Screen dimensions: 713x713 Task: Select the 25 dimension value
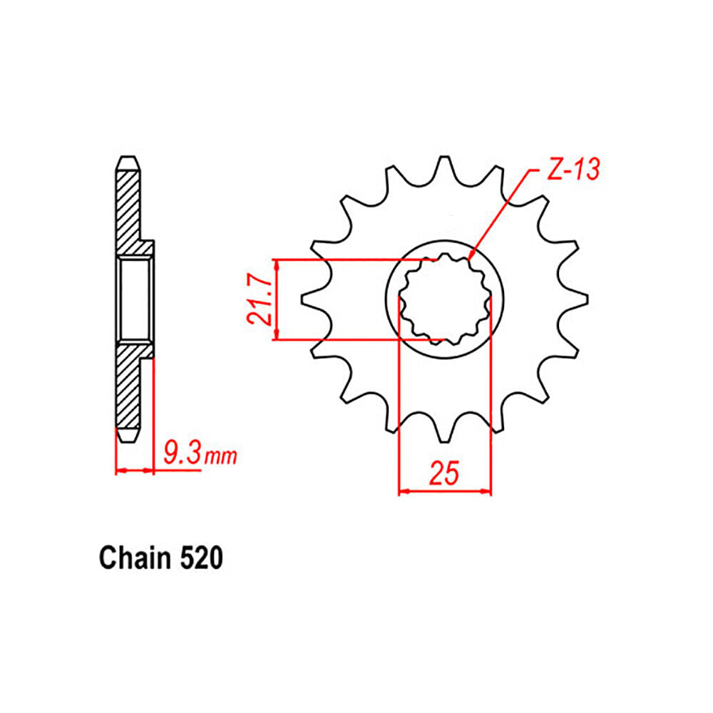click(x=445, y=473)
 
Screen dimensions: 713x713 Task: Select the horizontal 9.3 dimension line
click(x=135, y=471)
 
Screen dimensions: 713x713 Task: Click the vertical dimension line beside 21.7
click(x=277, y=299)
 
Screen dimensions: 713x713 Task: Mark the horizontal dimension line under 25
click(x=445, y=491)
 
